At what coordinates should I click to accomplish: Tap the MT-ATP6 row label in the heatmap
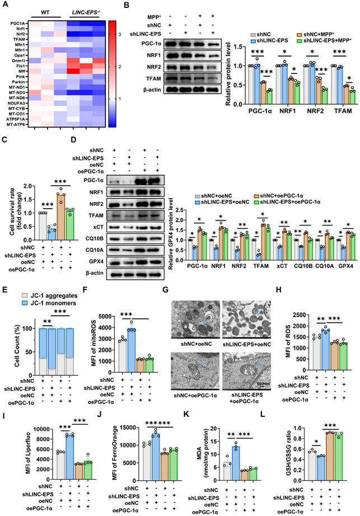[x=20, y=124]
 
